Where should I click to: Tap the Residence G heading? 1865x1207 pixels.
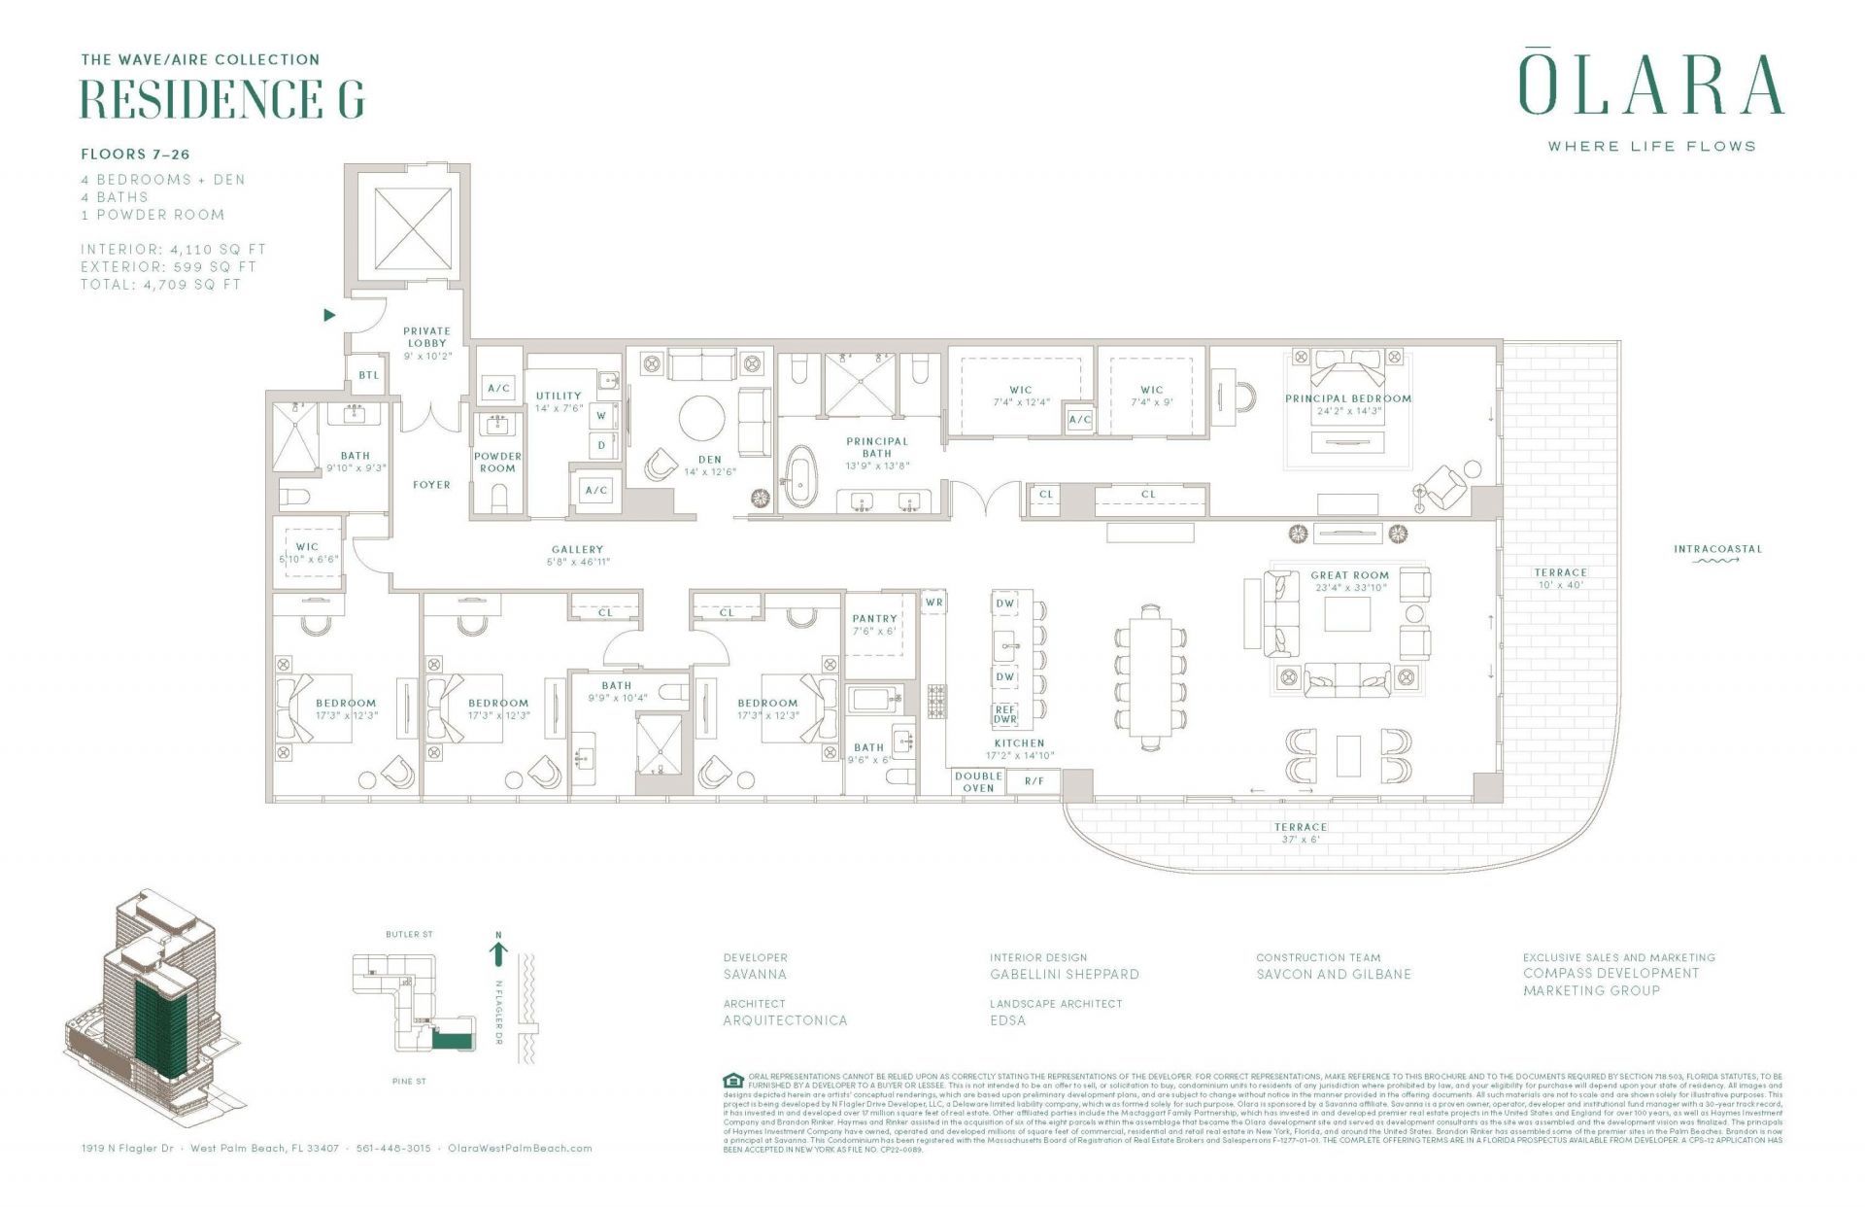(x=222, y=98)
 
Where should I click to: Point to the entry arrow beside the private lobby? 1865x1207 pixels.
(x=329, y=315)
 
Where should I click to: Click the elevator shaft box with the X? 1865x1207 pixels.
(x=413, y=227)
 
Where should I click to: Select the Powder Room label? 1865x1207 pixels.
(x=497, y=462)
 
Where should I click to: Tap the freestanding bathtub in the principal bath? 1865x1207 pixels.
(x=801, y=476)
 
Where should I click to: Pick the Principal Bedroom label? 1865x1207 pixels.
(x=1347, y=398)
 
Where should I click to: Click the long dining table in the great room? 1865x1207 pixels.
(x=1150, y=677)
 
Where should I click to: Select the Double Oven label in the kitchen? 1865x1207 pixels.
(x=978, y=781)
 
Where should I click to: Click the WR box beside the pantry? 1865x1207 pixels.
(x=933, y=603)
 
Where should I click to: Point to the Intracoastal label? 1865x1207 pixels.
(x=1717, y=549)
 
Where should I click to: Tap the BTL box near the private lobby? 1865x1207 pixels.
(x=369, y=375)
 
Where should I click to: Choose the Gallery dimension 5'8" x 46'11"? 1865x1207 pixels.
(x=578, y=562)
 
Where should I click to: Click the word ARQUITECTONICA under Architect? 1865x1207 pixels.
(x=785, y=1020)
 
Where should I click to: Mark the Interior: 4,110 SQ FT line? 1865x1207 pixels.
(x=173, y=250)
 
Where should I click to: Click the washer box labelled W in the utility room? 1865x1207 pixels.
(x=601, y=416)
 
